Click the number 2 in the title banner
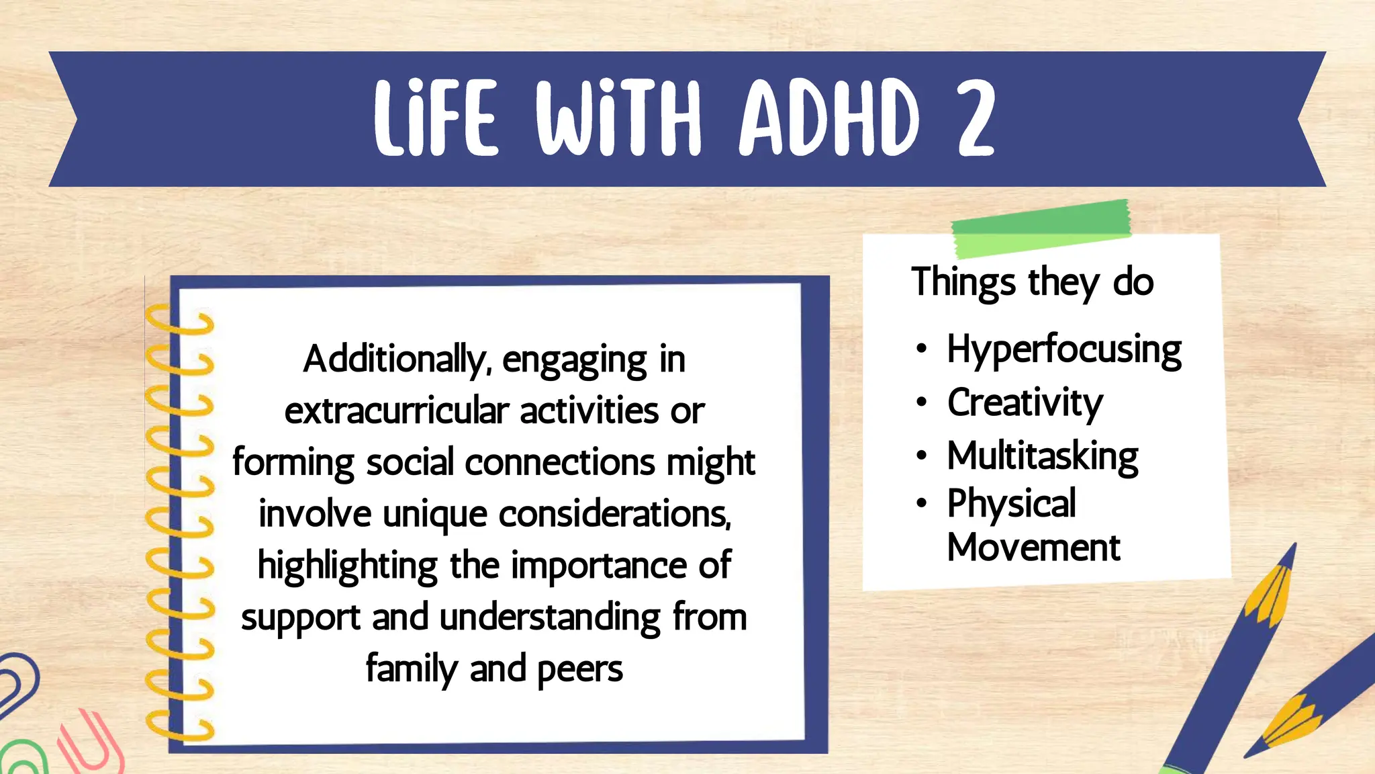(x=975, y=118)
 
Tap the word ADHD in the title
(x=828, y=118)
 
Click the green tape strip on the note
(x=1041, y=228)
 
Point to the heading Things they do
(x=1032, y=282)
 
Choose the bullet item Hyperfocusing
(x=1063, y=350)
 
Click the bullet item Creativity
(x=1025, y=403)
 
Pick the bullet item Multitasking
(x=1042, y=456)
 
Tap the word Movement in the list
(x=1033, y=548)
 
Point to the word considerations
(x=614, y=515)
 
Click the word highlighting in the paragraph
(x=348, y=566)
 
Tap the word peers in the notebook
(x=579, y=669)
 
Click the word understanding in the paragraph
(x=550, y=618)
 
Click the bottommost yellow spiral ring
(x=179, y=728)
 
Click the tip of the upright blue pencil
(x=1292, y=548)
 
